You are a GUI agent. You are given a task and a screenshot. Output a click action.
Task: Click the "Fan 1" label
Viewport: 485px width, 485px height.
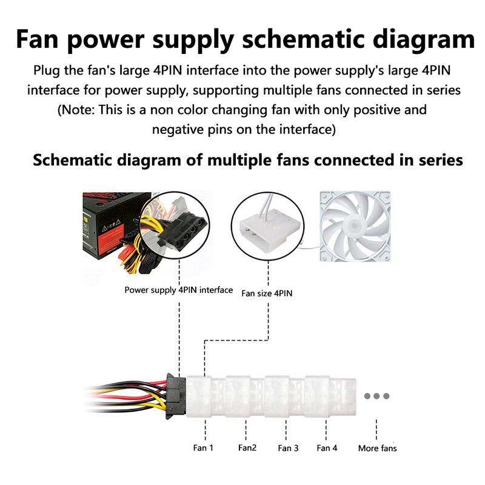[204, 448]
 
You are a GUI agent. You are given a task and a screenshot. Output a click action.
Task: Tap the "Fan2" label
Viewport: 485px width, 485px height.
[247, 448]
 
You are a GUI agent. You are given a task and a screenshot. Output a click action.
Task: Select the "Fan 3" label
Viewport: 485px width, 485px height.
[288, 448]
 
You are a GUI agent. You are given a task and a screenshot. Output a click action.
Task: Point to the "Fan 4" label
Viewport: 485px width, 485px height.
[327, 448]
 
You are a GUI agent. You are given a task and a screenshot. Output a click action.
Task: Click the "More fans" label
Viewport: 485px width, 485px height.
[377, 448]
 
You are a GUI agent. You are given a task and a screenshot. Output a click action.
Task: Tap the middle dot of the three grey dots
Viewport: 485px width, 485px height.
[376, 396]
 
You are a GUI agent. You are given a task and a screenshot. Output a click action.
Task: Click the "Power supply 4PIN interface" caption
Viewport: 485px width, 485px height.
[178, 290]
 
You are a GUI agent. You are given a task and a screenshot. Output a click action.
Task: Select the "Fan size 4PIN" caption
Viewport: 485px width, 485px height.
[267, 293]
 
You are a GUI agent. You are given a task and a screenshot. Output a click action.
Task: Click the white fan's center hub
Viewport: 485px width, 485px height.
[354, 225]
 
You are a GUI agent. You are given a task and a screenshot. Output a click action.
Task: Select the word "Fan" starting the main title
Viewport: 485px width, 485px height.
[39, 40]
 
